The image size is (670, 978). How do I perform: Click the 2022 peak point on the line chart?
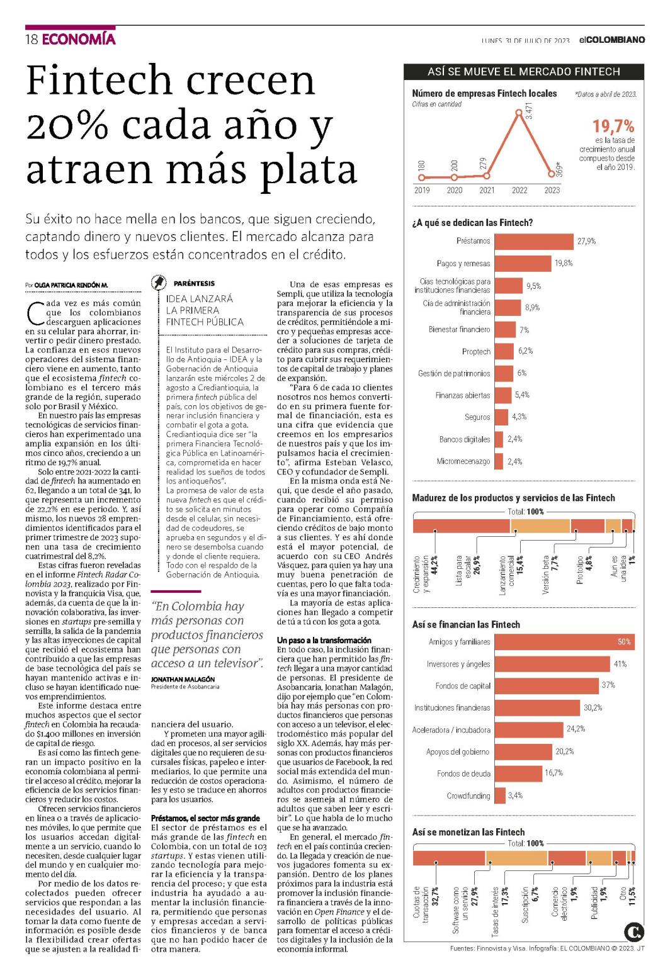click(519, 113)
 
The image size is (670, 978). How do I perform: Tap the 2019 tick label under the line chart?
click(422, 190)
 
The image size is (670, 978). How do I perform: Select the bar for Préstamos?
click(534, 242)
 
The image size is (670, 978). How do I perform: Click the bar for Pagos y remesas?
click(523, 263)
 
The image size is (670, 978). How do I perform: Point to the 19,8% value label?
click(564, 263)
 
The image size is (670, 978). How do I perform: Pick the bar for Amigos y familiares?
click(564, 642)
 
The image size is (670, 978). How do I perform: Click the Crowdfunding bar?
click(499, 795)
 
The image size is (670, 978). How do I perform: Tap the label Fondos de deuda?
click(463, 773)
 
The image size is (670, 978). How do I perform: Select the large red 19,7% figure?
click(613, 126)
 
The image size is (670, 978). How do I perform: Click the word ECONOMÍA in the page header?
click(79, 39)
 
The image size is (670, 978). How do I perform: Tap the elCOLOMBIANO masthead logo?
click(612, 40)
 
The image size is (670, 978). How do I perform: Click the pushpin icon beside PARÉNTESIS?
click(159, 283)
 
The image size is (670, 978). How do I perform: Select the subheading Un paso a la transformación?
click(324, 640)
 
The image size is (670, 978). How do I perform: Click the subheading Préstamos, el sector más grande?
click(205, 818)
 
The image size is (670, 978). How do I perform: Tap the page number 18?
click(32, 40)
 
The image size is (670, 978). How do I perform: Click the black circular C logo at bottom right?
click(633, 932)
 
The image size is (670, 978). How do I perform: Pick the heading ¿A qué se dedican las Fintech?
click(472, 223)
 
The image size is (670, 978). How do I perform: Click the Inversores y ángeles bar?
click(552, 664)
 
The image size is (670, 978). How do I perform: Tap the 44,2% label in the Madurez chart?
click(434, 565)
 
